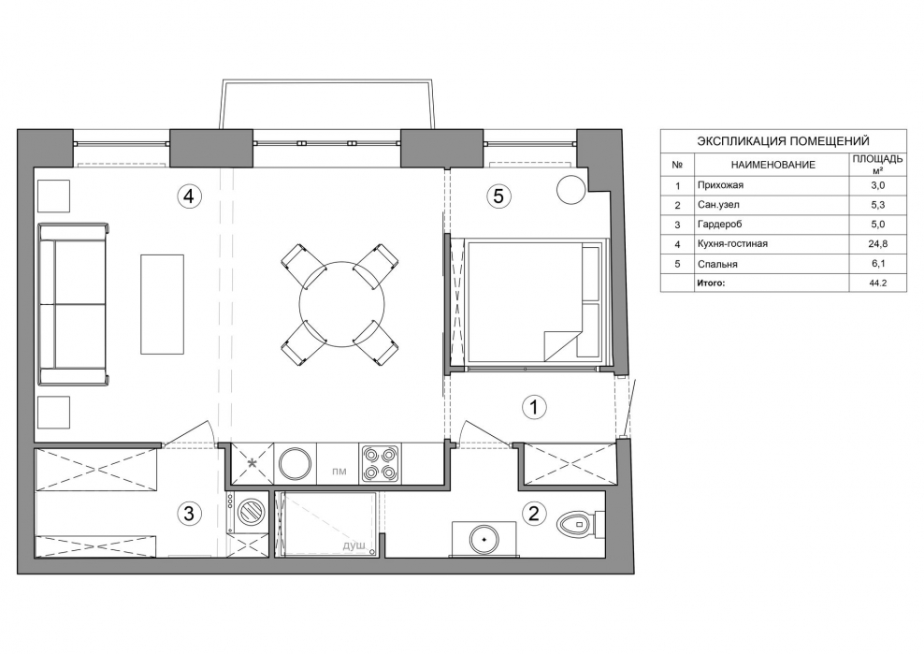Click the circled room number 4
point(189,196)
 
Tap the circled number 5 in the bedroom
point(498,196)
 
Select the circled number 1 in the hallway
point(535,407)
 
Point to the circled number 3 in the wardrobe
point(189,513)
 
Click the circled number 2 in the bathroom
point(534,513)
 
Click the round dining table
point(341,304)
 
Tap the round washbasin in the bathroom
point(484,538)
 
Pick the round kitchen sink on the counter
point(295,463)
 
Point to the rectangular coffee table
point(162,304)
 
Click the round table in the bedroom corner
point(571,190)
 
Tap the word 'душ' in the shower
point(354,545)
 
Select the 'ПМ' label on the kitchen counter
point(339,471)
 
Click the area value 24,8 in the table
point(877,243)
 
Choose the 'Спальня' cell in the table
point(717,264)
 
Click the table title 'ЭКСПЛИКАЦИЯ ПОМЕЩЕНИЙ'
point(783,141)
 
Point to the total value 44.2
point(877,283)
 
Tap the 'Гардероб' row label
point(719,225)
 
